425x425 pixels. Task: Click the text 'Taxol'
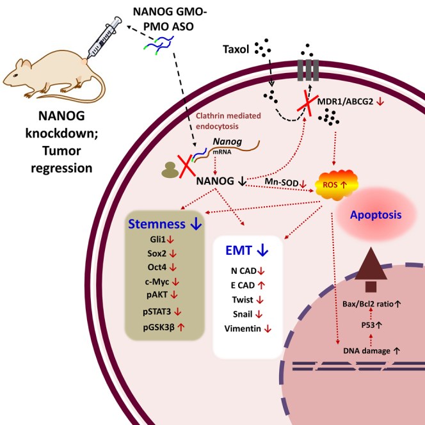237,49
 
